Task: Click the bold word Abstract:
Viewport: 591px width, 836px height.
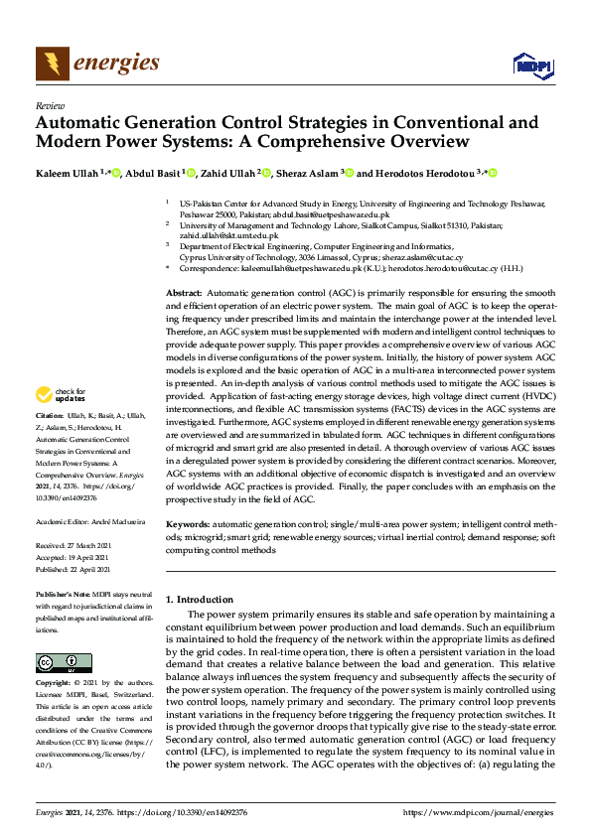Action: tap(184, 295)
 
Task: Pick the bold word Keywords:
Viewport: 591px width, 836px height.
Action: tap(187, 522)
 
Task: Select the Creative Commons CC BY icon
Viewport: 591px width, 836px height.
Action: tap(57, 661)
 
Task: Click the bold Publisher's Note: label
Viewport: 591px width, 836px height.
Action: tap(63, 593)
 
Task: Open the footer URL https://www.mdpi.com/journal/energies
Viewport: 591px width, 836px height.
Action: tap(477, 814)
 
